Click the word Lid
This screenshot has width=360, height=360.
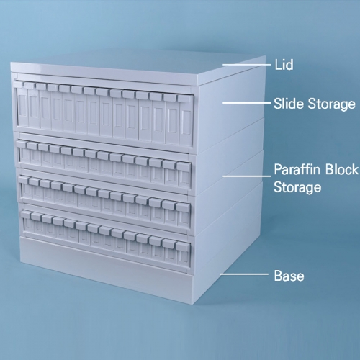(x=284, y=65)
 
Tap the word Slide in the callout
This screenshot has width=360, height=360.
(x=289, y=104)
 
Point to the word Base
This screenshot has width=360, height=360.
(x=289, y=276)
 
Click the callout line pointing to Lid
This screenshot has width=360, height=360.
(x=246, y=65)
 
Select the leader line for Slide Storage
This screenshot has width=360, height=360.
(x=246, y=103)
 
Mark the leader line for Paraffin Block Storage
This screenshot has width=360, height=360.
(x=246, y=176)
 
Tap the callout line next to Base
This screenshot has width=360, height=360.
(x=244, y=274)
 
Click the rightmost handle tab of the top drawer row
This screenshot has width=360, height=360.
(x=185, y=99)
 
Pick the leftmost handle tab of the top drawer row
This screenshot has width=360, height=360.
(x=18, y=84)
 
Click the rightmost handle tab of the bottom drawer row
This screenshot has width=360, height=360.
(x=183, y=246)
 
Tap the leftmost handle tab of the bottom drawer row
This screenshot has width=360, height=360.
(x=26, y=214)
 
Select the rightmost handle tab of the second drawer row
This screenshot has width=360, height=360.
(x=184, y=166)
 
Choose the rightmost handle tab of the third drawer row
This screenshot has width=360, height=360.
(x=184, y=207)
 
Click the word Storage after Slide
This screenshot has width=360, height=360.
(x=331, y=104)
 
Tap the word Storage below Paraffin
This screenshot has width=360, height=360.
(x=297, y=187)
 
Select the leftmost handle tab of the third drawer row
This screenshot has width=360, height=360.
(x=23, y=179)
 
